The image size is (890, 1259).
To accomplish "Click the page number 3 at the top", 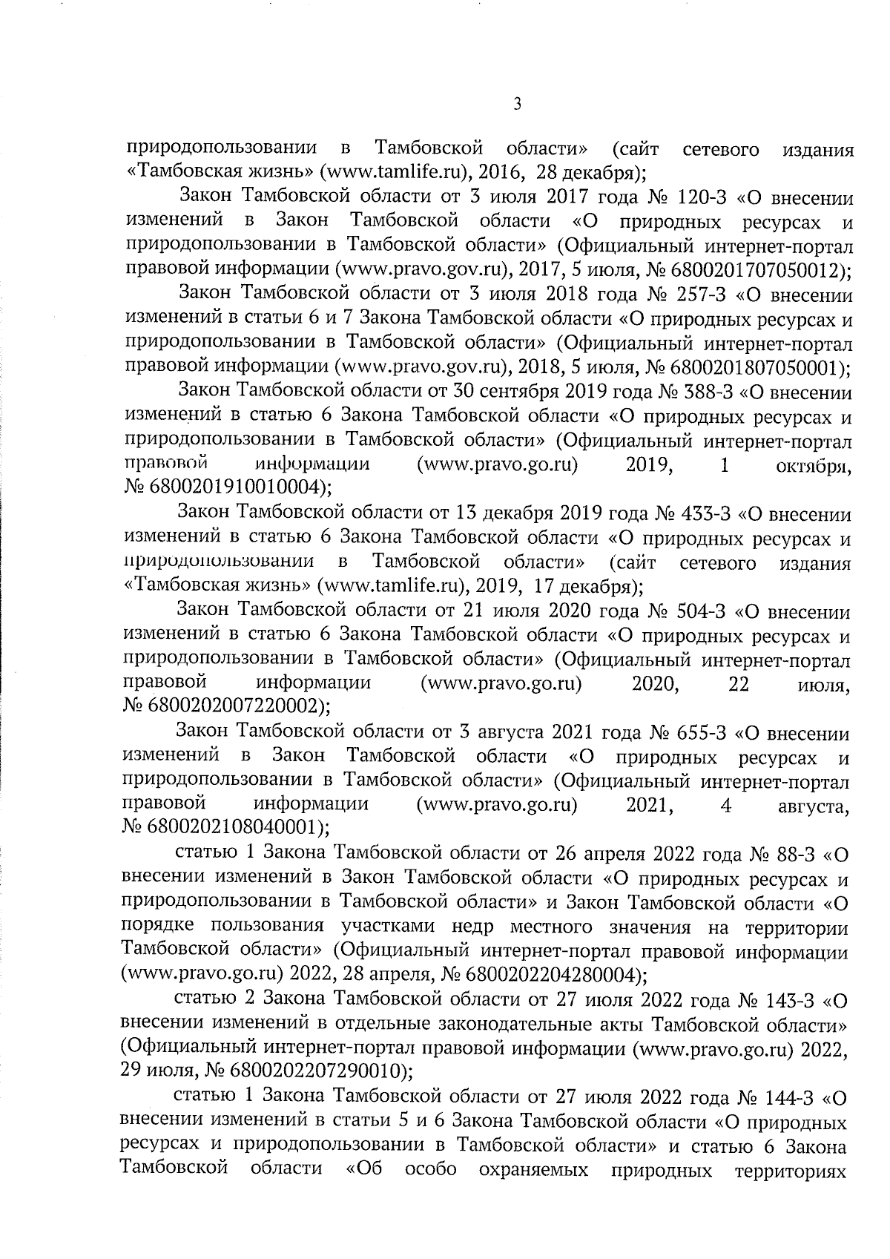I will coord(518,105).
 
